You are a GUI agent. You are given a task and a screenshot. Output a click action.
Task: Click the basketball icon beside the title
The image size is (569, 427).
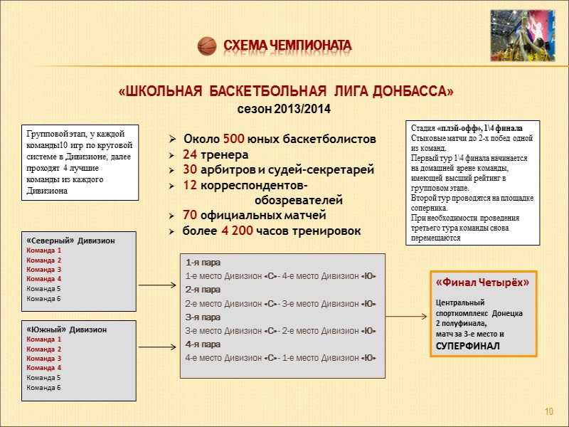click(x=206, y=46)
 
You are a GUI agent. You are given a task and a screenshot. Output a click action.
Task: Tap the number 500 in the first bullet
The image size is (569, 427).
click(x=233, y=138)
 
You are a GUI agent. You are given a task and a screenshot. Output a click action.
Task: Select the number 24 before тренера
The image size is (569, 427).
click(x=190, y=154)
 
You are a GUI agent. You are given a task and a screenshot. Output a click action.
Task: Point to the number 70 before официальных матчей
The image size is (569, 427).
click(x=190, y=215)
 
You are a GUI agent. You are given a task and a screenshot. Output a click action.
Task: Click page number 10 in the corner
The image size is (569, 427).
click(x=548, y=413)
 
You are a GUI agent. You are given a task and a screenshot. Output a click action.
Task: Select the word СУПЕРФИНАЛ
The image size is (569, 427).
click(x=468, y=346)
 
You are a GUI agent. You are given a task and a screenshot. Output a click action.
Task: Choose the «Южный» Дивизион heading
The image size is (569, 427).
click(x=67, y=330)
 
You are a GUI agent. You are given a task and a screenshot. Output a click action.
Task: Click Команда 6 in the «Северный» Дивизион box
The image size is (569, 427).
click(x=44, y=298)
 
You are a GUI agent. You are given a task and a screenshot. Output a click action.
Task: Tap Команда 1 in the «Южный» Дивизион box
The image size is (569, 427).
click(x=44, y=340)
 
